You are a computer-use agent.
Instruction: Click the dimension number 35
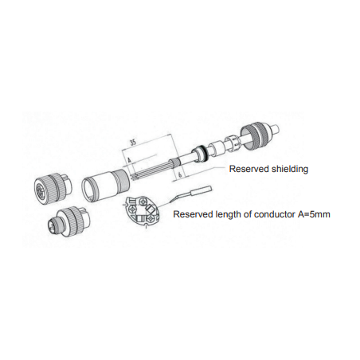(x=133, y=142)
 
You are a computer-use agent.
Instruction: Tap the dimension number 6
(x=180, y=174)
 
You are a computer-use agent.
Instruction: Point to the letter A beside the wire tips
(x=129, y=160)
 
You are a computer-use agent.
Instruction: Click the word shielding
(x=288, y=169)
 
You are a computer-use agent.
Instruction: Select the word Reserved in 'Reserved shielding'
(x=248, y=169)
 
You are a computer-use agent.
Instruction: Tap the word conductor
(x=274, y=214)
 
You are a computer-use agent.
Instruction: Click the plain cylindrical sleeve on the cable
(x=216, y=148)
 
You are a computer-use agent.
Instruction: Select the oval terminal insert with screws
(x=142, y=209)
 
